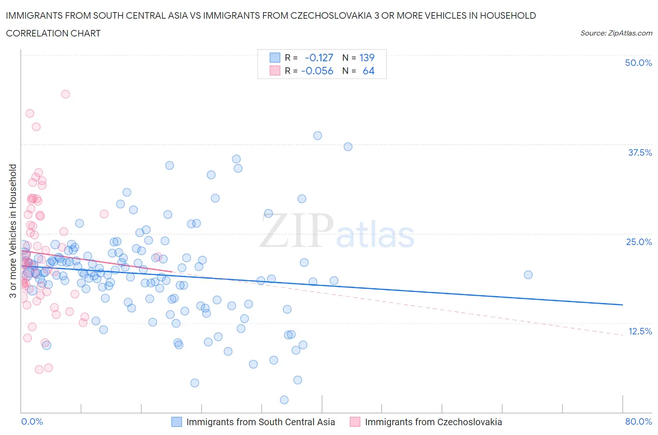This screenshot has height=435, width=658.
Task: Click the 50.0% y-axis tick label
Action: coord(638,63)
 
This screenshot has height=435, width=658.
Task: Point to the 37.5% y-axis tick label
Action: coord(639,152)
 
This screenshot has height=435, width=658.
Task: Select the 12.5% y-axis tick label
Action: coord(639,331)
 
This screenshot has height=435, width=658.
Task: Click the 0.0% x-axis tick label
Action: coord(32,421)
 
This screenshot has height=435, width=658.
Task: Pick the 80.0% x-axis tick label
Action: coord(638,421)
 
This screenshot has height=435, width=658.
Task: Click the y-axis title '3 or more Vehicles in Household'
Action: coord(13,231)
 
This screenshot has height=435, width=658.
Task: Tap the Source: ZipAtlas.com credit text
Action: coord(616,33)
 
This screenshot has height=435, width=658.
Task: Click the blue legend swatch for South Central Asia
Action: coord(176,422)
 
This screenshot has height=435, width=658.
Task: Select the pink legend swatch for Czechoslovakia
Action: coord(355,422)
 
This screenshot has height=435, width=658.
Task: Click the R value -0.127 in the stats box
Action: coord(319,58)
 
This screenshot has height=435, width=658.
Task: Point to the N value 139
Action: coord(367,58)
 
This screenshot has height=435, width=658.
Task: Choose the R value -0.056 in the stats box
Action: coord(317,71)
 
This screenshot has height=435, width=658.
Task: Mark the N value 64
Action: coord(368,71)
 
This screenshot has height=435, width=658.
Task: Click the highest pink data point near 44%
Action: coord(66,94)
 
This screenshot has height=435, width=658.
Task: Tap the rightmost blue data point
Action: coord(528,275)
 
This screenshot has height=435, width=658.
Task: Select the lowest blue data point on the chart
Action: coord(284,400)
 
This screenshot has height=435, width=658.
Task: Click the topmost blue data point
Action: coord(317,136)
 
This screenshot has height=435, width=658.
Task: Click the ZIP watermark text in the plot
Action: coord(296,230)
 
